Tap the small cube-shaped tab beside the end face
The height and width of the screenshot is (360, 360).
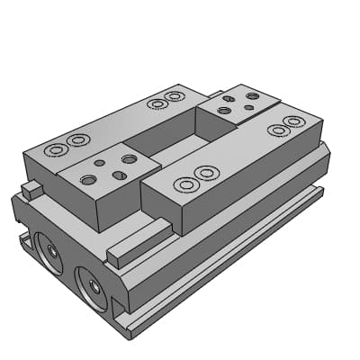click(x=31, y=189)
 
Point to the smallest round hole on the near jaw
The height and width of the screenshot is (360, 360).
click(x=99, y=164)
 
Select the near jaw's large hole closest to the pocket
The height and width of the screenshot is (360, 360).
click(x=129, y=158)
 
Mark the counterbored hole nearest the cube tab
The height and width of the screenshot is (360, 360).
click(x=57, y=148)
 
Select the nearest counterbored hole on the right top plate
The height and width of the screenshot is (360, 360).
click(x=186, y=184)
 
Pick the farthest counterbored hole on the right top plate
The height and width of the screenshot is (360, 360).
click(x=293, y=121)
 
